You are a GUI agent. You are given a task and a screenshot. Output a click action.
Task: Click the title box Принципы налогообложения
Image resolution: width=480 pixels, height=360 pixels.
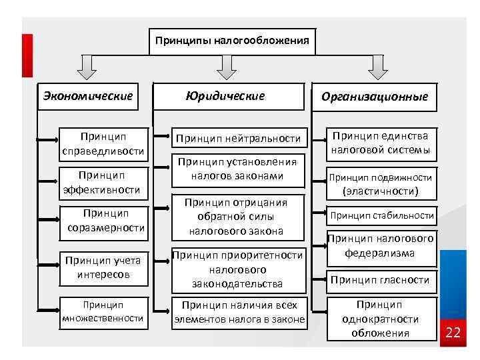pos(232,41)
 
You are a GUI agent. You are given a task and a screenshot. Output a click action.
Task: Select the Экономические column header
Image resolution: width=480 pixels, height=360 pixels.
pos(88,96)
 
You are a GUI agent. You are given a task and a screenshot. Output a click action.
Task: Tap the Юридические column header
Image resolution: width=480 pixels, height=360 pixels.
pos(225,96)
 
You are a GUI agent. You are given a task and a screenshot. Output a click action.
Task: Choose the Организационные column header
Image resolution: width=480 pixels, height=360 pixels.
pos(374,97)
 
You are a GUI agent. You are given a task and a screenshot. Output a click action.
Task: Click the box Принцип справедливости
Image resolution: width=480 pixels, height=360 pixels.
pos(103,143)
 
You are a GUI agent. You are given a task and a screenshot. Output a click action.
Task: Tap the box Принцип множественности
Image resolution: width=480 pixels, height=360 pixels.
pos(103,311)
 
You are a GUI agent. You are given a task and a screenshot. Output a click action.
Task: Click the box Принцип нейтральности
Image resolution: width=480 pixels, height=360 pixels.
pos(238,138)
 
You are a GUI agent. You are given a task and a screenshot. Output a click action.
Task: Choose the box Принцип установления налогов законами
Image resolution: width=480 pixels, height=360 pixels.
pos(237,169)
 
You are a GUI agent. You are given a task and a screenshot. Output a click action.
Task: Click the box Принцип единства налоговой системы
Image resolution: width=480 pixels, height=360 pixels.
pos(381,143)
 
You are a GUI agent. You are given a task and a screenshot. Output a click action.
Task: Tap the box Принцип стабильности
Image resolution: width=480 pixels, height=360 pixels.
pos(382,215)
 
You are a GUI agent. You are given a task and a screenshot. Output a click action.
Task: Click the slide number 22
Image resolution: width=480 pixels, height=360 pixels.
pos(453,332)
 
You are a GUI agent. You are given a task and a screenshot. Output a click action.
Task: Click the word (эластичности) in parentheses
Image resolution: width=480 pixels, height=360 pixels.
pos(380,191)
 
